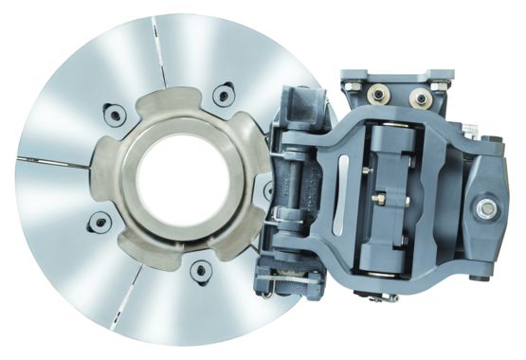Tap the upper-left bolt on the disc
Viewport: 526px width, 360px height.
tap(114, 116)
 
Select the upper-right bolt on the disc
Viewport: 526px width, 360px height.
tap(224, 94)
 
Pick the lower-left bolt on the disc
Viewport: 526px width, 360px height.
tap(98, 223)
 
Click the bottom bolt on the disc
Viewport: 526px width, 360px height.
tap(200, 271)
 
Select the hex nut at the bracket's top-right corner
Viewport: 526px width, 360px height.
tap(442, 87)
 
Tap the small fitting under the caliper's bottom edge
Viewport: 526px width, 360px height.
tap(384, 297)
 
